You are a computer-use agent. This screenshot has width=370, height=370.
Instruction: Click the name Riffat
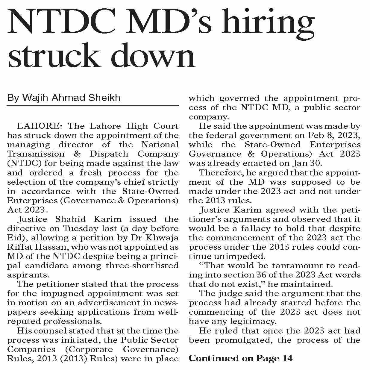(x=19, y=247)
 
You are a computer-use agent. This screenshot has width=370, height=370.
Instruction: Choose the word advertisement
(x=117, y=303)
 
